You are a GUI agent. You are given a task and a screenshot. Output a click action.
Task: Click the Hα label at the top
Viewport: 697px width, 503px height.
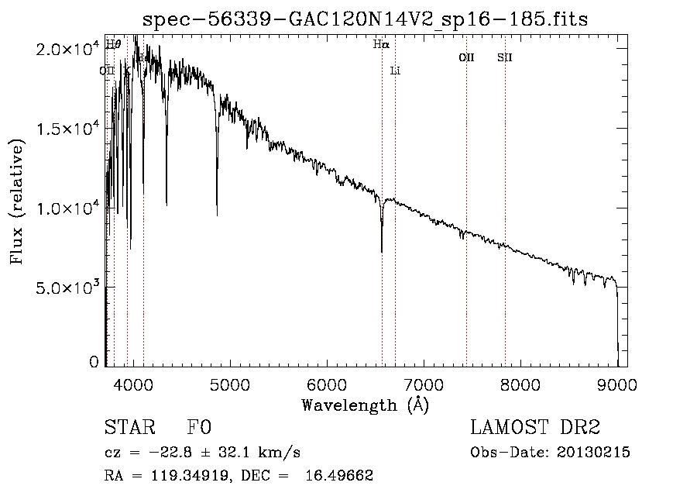[x=380, y=44]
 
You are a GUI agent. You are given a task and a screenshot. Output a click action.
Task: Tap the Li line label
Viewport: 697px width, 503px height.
[x=395, y=71]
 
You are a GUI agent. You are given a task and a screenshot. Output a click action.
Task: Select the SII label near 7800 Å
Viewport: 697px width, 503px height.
[x=504, y=57]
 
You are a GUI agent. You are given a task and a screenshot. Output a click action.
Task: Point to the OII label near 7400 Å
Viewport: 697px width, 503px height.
[x=466, y=57]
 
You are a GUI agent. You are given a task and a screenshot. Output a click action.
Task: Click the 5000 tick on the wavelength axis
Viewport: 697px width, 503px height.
[x=229, y=384]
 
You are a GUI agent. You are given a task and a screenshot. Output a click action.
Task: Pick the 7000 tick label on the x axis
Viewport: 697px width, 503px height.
[x=424, y=384]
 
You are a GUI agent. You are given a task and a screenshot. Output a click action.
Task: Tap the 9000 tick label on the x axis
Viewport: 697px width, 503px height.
[x=617, y=384]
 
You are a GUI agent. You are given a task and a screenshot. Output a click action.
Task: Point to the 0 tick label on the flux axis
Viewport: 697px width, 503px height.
[x=94, y=362]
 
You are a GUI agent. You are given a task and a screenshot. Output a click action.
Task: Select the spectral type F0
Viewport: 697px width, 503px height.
[x=199, y=428]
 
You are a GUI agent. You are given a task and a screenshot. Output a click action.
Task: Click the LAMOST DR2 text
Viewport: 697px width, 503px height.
[x=535, y=428]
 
